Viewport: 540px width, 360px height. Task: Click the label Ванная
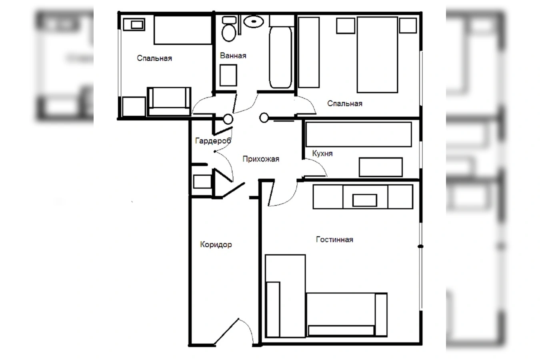(233, 56)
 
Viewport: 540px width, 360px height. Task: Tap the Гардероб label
(213, 140)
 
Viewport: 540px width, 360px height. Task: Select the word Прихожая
(261, 159)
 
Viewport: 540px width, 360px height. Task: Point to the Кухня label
(322, 153)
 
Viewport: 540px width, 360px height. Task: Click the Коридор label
(216, 244)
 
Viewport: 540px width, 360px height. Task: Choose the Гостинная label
(335, 240)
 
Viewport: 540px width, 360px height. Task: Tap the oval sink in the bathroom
(254, 22)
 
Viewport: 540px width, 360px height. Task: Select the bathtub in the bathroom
(280, 57)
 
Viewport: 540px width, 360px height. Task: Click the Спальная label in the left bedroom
(154, 58)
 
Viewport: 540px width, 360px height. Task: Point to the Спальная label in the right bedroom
(345, 104)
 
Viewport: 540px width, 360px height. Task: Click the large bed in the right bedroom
(377, 55)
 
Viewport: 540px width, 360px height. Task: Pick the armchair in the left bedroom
(169, 102)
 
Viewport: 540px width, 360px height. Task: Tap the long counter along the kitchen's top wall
(358, 134)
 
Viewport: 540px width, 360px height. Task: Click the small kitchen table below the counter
(381, 167)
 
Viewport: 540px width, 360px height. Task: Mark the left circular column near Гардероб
(228, 119)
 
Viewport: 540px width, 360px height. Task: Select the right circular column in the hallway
(264, 118)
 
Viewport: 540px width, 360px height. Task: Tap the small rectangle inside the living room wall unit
(364, 200)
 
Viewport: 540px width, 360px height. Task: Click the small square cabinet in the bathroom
(228, 75)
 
